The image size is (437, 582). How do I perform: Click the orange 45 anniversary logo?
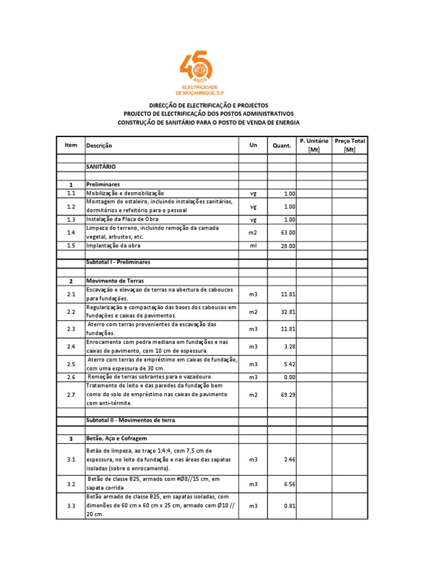point(196,72)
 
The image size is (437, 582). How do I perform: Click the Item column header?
point(71,145)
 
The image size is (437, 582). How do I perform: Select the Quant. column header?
point(282,145)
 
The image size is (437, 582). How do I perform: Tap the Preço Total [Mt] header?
point(350,145)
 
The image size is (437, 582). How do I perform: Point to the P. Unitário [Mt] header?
point(314,145)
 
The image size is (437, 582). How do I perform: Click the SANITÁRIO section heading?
point(101,167)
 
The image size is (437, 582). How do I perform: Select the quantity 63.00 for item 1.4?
point(288,232)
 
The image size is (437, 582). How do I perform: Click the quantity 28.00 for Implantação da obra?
point(288,246)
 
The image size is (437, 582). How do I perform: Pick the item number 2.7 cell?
point(71,394)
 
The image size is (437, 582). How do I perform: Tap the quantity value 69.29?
point(288,394)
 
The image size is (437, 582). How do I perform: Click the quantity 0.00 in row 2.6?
point(289,377)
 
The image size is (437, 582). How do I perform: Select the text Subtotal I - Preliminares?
point(118,262)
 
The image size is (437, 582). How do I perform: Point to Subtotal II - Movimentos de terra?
point(131,420)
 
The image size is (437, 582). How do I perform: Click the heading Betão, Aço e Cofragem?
point(117,439)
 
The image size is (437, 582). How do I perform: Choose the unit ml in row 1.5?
point(254,246)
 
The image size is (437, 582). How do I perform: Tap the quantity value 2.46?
point(289,459)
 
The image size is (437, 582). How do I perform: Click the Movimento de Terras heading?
point(115,281)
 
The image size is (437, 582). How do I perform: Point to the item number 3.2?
point(71,484)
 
